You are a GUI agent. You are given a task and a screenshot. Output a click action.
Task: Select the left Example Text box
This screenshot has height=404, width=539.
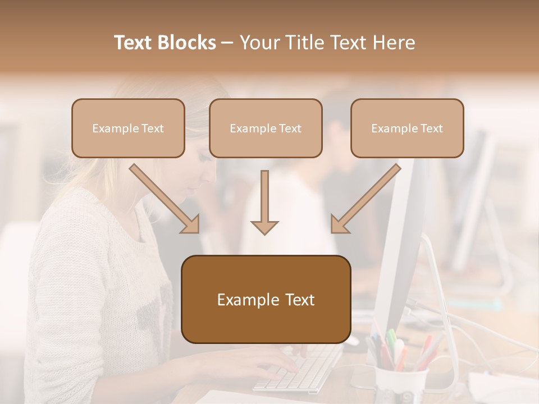click(128, 128)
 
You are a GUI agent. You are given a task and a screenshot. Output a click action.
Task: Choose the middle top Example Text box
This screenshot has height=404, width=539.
click(266, 128)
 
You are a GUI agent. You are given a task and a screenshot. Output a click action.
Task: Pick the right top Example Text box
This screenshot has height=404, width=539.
click(407, 128)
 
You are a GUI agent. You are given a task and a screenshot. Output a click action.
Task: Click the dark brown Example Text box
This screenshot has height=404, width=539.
click(266, 299)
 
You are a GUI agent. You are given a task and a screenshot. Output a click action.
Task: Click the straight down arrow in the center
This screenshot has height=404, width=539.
click(264, 202)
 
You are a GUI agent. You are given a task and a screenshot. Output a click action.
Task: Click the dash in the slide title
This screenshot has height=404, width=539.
click(227, 43)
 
